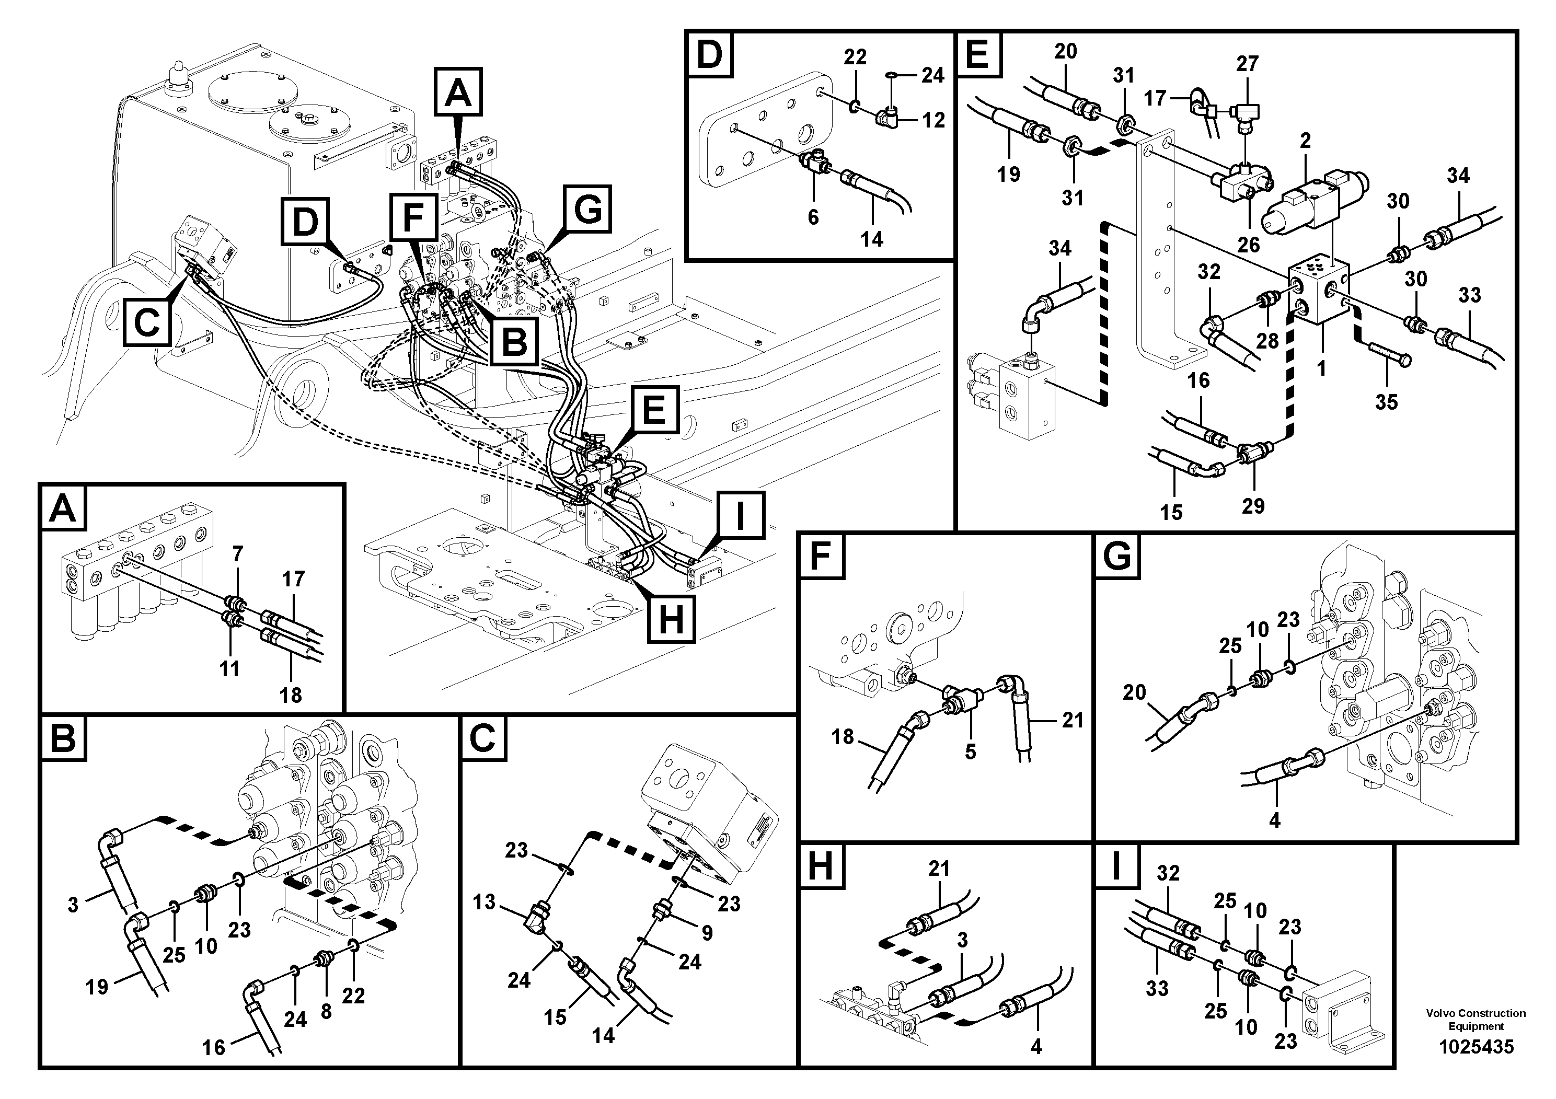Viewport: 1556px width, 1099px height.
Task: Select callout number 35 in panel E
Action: tap(1386, 402)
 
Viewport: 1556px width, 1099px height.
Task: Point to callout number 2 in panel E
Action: tap(1305, 141)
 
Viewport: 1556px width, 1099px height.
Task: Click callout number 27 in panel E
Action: tap(1247, 64)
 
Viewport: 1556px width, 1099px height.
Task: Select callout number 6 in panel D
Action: tap(813, 217)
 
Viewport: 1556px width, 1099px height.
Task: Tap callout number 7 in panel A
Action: tap(237, 555)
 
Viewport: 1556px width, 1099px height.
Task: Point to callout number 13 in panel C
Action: tap(484, 902)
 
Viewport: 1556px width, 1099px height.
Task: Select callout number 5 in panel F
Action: tap(971, 751)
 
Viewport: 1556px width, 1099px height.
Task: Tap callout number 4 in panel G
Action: tap(1274, 820)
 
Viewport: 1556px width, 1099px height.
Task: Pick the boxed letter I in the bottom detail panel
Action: tap(1116, 866)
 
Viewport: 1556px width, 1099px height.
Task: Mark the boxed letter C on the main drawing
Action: tap(147, 322)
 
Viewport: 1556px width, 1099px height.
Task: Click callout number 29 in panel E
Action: tap(1253, 505)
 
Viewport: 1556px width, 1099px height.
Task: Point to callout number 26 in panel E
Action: tap(1248, 244)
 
